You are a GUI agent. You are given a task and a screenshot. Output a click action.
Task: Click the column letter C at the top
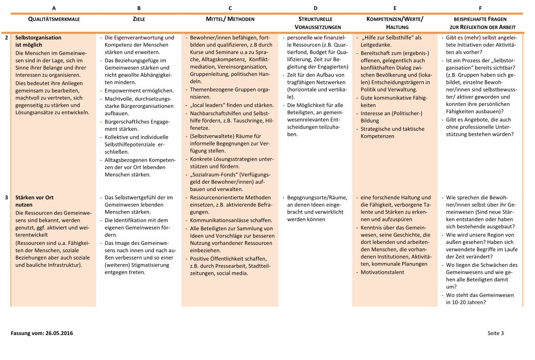(x=230, y=8)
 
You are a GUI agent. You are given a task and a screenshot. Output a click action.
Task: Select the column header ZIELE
(x=139, y=19)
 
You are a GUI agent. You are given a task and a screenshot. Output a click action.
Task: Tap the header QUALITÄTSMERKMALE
(x=53, y=19)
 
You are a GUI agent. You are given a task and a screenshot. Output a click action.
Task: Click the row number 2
(x=7, y=37)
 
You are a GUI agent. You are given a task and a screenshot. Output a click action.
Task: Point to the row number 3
(x=7, y=198)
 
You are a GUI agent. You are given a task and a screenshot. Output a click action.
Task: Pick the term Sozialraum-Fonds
(x=214, y=174)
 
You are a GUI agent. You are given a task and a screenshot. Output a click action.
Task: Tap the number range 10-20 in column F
(x=461, y=302)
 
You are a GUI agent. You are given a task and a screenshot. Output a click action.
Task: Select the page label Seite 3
(x=495, y=334)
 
